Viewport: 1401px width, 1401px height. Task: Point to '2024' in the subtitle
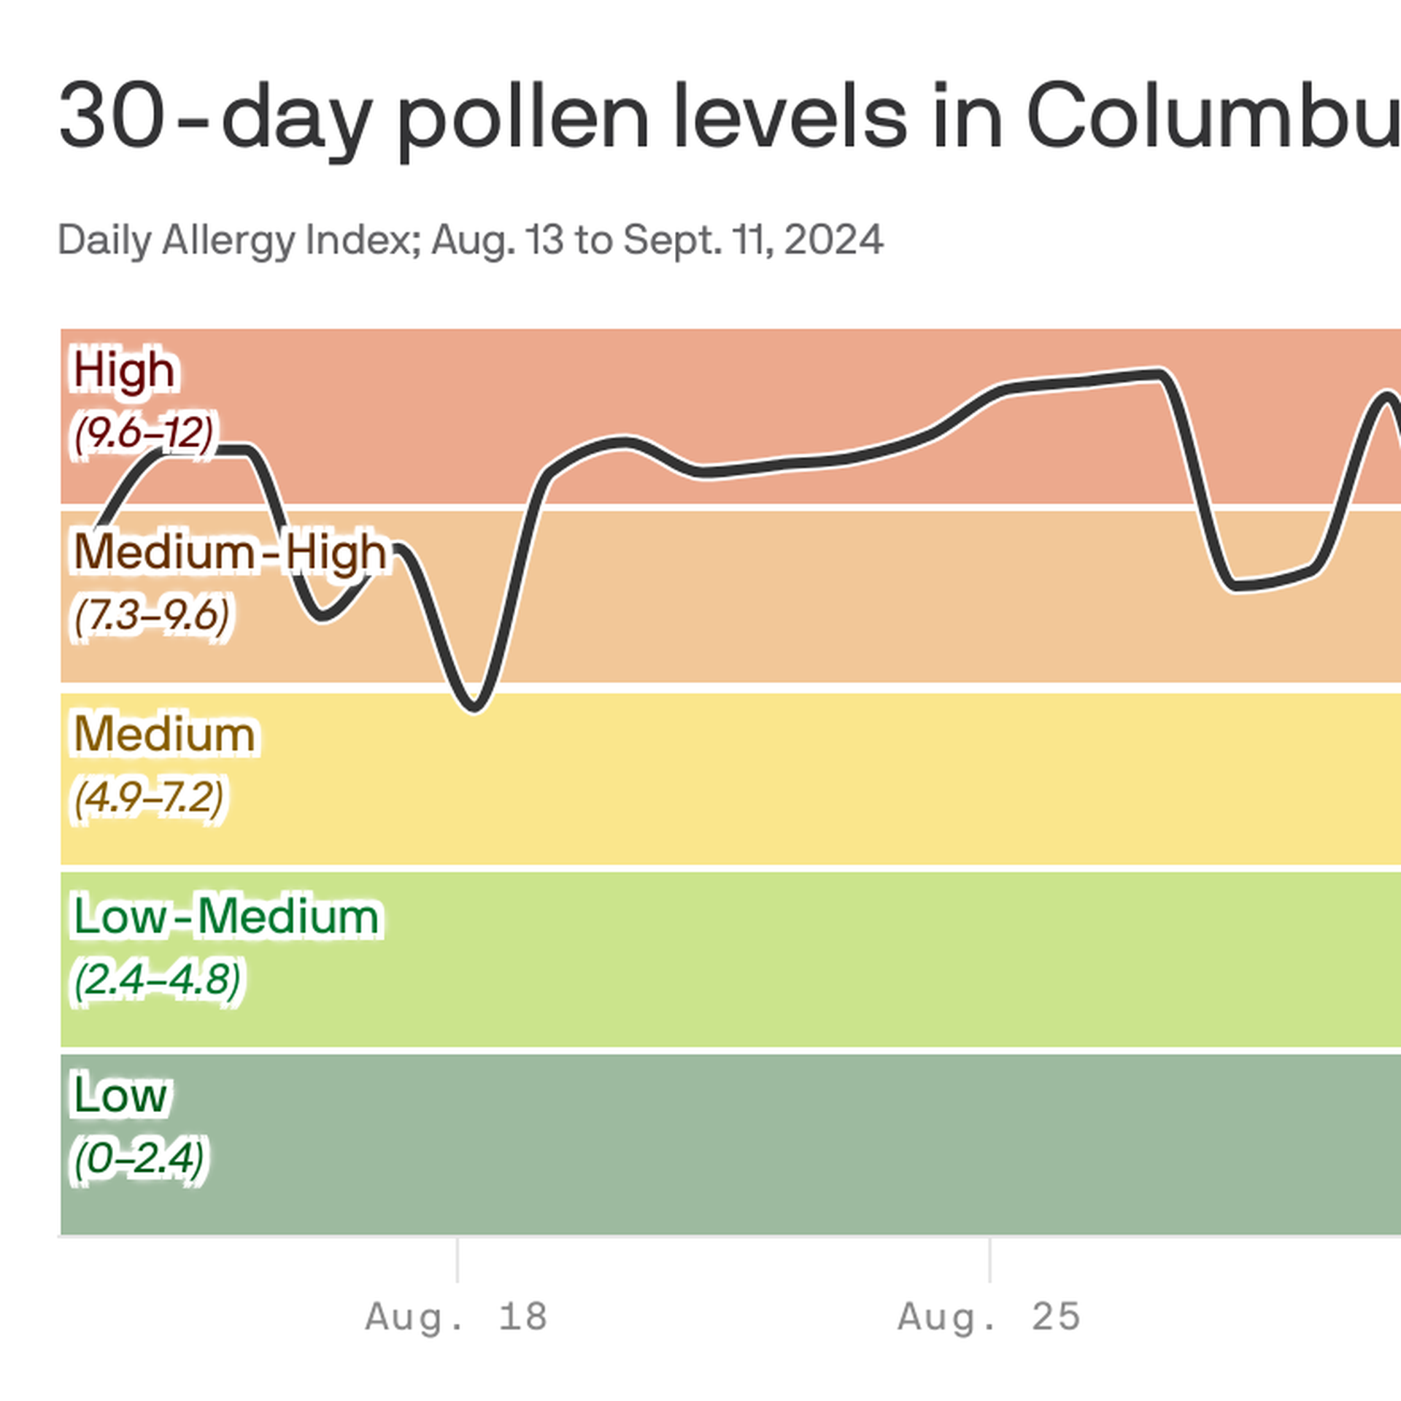click(834, 240)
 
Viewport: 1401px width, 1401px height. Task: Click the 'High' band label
click(124, 370)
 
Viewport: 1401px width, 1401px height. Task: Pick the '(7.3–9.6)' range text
click(152, 615)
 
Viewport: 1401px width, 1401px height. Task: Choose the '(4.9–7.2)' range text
click(149, 797)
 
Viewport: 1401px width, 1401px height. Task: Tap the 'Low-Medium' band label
click(226, 916)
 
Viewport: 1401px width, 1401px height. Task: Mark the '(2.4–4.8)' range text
click(157, 979)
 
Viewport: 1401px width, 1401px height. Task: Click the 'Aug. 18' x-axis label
click(457, 1317)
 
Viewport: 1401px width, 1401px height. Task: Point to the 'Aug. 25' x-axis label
click(989, 1317)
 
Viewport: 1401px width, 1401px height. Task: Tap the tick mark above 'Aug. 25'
click(989, 1259)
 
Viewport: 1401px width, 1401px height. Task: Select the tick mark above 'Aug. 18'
click(458, 1259)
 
